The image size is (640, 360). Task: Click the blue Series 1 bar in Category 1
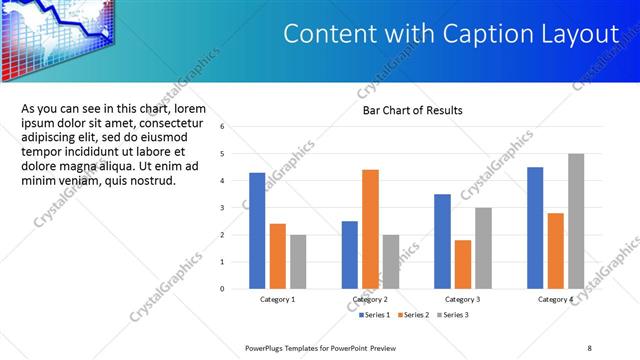tap(257, 231)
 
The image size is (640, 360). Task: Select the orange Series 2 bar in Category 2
tap(370, 229)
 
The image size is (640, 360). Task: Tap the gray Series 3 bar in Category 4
tap(576, 221)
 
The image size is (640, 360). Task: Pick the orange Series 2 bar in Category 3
tap(462, 264)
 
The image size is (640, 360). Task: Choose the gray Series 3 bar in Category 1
tap(298, 262)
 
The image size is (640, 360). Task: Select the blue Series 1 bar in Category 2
tap(350, 255)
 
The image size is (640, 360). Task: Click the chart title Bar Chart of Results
tap(412, 110)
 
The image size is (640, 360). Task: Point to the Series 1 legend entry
tap(377, 315)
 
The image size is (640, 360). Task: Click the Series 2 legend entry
tap(414, 315)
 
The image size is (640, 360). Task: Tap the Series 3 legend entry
tap(451, 315)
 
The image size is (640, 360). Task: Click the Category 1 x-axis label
tap(278, 299)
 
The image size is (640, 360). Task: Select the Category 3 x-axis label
tap(463, 299)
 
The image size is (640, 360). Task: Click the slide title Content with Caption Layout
tap(451, 34)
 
